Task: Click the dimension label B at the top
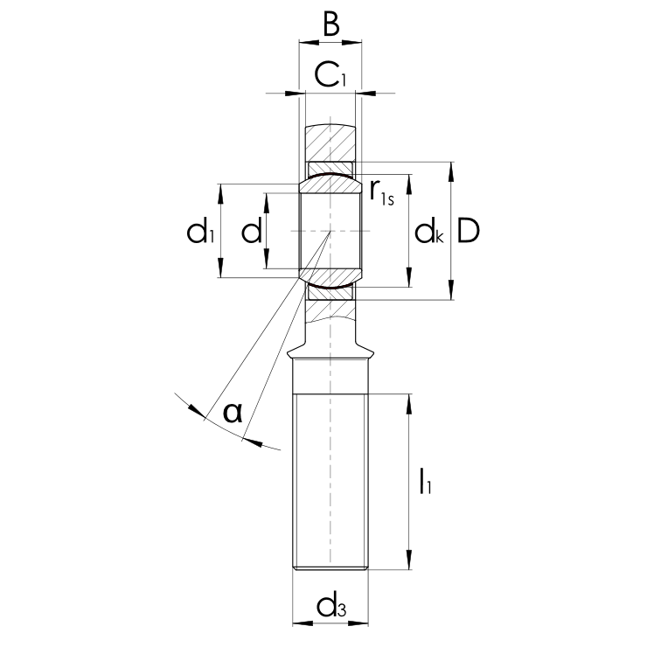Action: coord(331,24)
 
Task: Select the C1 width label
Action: coord(330,74)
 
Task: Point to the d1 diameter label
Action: coord(201,230)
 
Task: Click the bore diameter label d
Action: coord(252,230)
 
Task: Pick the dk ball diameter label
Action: coord(429,231)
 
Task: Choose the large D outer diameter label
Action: coord(469,230)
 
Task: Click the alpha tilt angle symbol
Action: coord(233,412)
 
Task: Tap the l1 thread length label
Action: coord(425,481)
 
